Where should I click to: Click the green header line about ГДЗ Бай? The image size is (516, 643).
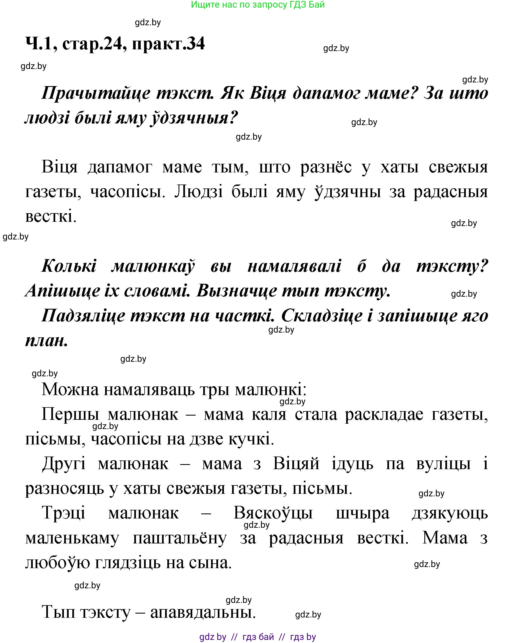(x=258, y=5)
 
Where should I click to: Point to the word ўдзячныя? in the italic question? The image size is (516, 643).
(x=194, y=118)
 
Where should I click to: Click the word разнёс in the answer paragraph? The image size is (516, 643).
(x=326, y=167)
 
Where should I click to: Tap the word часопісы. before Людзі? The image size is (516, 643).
(x=128, y=192)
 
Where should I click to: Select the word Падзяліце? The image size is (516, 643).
(x=83, y=315)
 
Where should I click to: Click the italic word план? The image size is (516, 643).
(x=47, y=340)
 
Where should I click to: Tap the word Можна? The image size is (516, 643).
(x=70, y=390)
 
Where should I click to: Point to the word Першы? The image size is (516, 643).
(x=70, y=414)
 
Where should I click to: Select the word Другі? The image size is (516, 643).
(x=64, y=464)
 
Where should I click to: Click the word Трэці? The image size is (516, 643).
(x=64, y=513)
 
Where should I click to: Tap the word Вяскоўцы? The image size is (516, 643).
(x=273, y=513)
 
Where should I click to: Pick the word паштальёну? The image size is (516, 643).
(x=180, y=538)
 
